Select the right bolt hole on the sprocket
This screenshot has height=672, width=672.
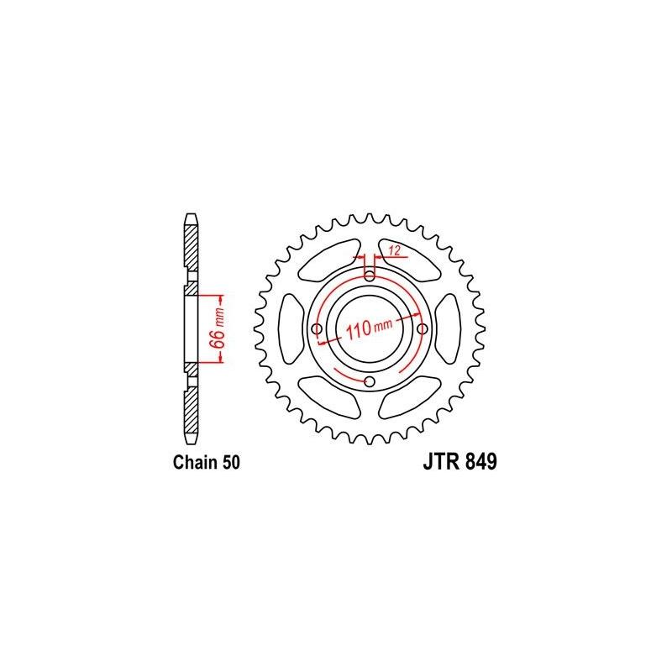[x=423, y=328]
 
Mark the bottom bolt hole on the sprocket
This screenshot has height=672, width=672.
[x=369, y=381]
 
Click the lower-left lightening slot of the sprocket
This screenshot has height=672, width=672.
[x=325, y=391]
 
